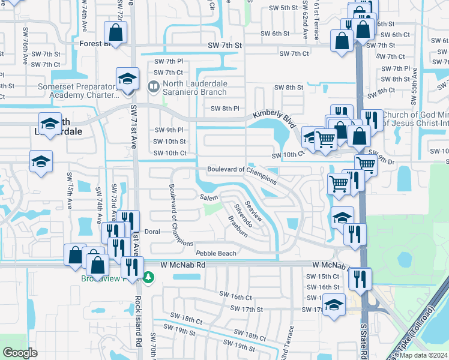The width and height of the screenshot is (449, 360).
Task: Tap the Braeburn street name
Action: (x=238, y=227)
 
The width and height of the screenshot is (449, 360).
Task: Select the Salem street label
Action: (x=209, y=197)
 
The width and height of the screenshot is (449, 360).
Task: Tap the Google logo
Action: (x=20, y=353)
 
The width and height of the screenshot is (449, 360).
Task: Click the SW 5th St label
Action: (x=283, y=8)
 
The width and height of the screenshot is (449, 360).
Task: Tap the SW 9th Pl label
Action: (x=169, y=130)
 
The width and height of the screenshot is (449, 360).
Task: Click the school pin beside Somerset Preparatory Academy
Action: (x=127, y=79)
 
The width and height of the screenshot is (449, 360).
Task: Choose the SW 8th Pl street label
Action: (x=225, y=109)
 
